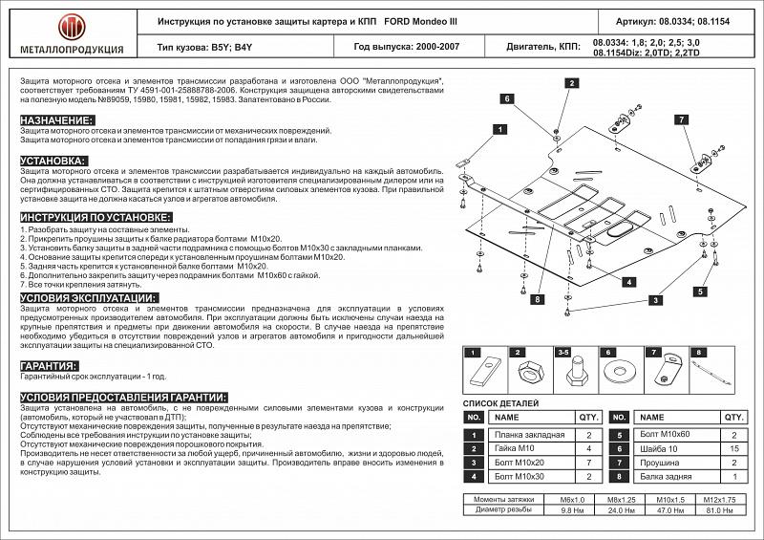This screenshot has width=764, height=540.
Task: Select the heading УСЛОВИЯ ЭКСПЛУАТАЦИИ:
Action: click(x=89, y=298)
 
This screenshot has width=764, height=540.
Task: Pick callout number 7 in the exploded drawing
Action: click(x=681, y=119)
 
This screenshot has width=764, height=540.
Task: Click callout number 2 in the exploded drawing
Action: click(x=571, y=83)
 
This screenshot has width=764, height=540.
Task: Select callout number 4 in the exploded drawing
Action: click(x=630, y=281)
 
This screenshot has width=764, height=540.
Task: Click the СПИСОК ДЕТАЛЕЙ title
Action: click(x=500, y=403)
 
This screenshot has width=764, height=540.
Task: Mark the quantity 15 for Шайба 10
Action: click(x=733, y=447)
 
